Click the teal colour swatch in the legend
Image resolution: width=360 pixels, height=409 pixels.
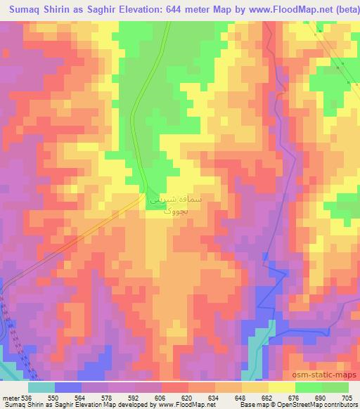[41, 387]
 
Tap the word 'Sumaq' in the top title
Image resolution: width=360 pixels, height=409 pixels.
[25, 9]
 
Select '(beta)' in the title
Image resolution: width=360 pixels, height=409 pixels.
[341, 9]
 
